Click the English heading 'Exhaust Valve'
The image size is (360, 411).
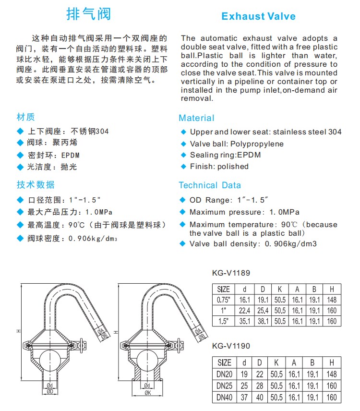[258, 16]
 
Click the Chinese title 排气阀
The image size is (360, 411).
[88, 13]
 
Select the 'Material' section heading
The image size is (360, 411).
[196, 118]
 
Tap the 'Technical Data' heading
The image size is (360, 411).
[210, 185]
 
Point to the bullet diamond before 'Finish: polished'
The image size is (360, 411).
[183, 167]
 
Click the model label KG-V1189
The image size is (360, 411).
[231, 273]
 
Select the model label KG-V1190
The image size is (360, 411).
[231, 346]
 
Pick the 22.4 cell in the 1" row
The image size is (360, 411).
[245, 311]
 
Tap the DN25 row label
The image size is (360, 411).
[224, 386]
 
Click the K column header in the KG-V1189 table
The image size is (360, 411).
[279, 289]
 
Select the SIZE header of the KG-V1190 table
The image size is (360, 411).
[224, 363]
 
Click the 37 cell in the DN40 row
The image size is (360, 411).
[244, 397]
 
